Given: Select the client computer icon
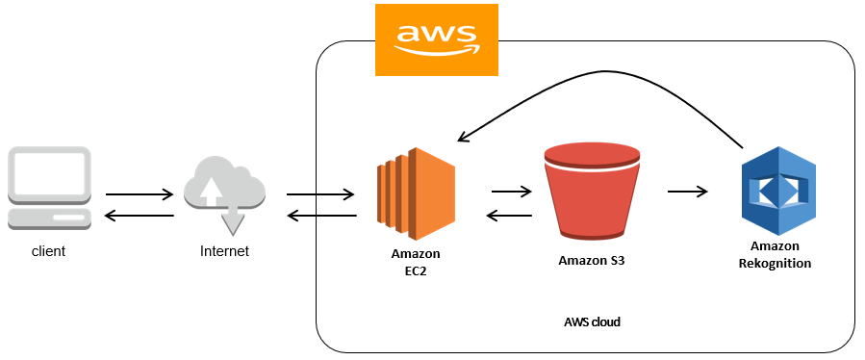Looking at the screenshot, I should (x=49, y=189).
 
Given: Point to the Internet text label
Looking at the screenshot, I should (x=224, y=251).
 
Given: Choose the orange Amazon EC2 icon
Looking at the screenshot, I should (x=416, y=193).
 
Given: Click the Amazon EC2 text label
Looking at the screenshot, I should (x=416, y=262).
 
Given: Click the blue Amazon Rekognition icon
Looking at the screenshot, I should (x=776, y=191).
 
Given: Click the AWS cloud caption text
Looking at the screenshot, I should (x=592, y=321).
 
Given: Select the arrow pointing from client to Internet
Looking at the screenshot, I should (x=140, y=193).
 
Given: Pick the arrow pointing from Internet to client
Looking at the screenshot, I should (x=140, y=216).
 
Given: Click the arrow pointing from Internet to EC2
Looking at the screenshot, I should (x=319, y=193).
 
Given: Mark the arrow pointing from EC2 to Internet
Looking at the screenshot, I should (x=319, y=216).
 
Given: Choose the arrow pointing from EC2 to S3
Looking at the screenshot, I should (x=511, y=191).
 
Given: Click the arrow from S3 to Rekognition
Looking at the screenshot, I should (x=687, y=191).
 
